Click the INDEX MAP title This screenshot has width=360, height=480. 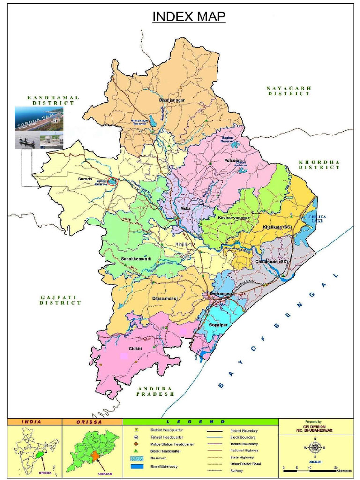point(189,17)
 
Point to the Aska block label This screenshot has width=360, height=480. point(185,208)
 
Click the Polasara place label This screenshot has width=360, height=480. point(232,160)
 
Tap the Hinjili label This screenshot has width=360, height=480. point(180,244)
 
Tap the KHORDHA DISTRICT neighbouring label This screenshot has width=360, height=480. point(319,165)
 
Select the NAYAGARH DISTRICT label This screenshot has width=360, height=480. point(289,90)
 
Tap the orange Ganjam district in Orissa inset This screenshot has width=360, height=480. point(95,457)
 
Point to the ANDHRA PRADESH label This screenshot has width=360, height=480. point(155,391)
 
